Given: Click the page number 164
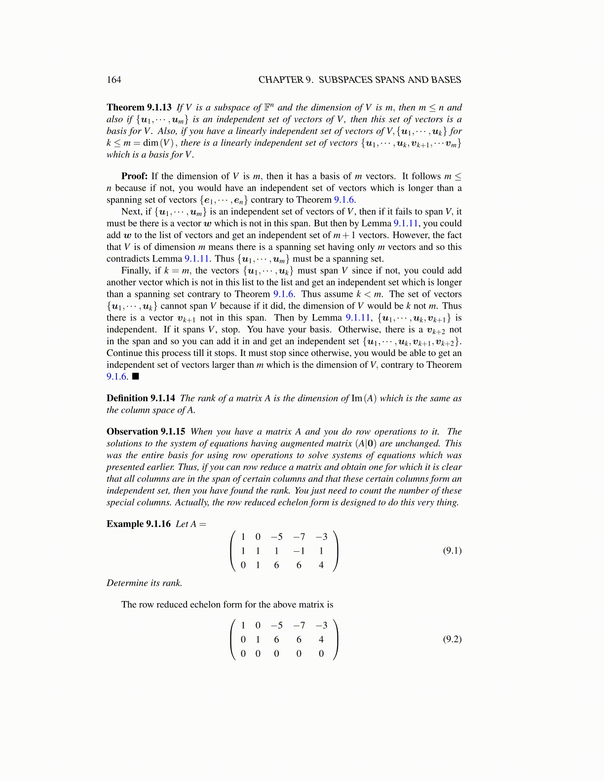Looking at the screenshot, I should click(113, 80).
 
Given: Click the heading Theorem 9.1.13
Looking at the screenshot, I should click(139, 107).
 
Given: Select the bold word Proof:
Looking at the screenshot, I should click(134, 177).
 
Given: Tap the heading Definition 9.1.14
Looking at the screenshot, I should click(141, 398).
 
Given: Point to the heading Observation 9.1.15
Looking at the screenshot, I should click(146, 432).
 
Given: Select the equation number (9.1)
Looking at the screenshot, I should click(452, 551).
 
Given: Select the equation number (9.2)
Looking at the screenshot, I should click(452, 639).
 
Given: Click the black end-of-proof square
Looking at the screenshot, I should click(136, 377).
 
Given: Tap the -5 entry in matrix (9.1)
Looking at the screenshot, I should click(276, 537).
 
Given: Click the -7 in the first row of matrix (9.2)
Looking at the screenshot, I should click(299, 626).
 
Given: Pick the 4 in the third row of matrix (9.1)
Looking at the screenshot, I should click(321, 565).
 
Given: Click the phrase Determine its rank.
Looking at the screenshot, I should click(144, 583).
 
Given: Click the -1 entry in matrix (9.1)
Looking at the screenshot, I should click(299, 551).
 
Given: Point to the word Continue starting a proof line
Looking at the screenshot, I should click(123, 354).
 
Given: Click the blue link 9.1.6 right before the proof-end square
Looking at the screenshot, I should click(116, 377).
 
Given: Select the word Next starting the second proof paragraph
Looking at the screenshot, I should click(131, 212).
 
